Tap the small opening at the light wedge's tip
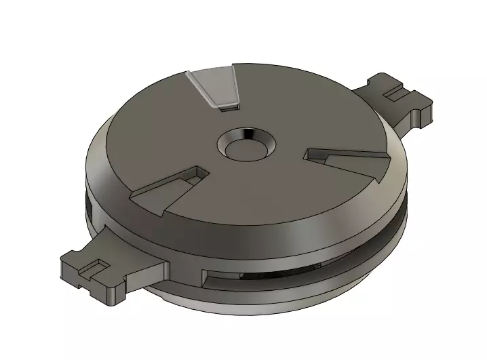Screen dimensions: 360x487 (x=231, y=104)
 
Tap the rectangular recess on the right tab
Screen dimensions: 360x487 (x=393, y=93)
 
